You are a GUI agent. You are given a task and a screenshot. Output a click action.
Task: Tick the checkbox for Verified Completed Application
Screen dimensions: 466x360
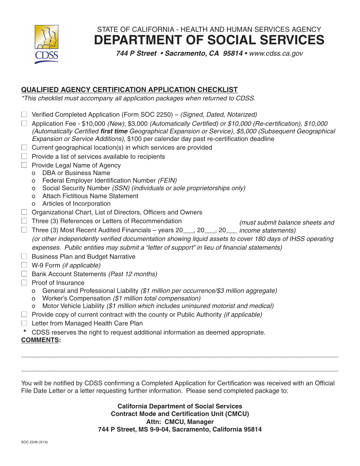click(x=24, y=114)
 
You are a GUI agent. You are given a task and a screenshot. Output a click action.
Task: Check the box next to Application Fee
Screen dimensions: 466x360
click(x=24, y=124)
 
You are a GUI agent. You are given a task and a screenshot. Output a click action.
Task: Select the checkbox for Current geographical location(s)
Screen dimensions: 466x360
click(x=24, y=147)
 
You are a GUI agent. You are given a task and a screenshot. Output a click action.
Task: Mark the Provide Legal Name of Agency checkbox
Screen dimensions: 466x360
click(x=24, y=165)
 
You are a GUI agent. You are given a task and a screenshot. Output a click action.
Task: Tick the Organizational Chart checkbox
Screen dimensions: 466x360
click(x=24, y=212)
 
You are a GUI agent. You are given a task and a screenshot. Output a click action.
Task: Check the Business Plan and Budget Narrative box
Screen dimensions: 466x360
click(x=24, y=256)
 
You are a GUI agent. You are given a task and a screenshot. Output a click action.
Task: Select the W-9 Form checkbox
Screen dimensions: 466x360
click(x=24, y=265)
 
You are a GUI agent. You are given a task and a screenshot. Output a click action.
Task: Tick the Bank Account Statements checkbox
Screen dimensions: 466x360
click(x=24, y=274)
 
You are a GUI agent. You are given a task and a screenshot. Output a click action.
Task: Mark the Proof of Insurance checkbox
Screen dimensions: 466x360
click(x=24, y=283)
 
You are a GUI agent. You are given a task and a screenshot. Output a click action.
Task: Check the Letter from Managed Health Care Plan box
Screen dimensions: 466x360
click(x=24, y=323)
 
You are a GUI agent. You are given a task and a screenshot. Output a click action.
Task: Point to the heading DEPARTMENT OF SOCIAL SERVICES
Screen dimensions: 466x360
click(x=209, y=40)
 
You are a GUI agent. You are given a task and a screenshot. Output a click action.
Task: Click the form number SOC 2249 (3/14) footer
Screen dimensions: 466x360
click(x=34, y=442)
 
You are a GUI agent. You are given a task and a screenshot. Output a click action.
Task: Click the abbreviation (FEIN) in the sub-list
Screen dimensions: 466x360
click(x=167, y=181)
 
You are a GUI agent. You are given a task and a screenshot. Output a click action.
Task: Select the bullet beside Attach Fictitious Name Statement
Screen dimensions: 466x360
click(x=34, y=196)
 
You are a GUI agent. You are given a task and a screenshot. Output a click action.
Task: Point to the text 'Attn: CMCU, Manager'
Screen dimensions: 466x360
click(x=180, y=422)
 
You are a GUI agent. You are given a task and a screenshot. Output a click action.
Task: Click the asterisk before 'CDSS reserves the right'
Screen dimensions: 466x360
click(x=25, y=332)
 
